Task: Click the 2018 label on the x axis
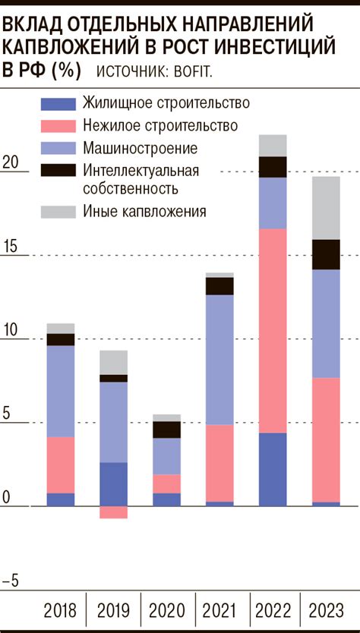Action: [60, 609]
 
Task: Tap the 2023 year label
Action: [326, 609]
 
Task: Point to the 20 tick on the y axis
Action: [11, 162]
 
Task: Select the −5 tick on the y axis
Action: [11, 581]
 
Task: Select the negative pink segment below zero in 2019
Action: [113, 512]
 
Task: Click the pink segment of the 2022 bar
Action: [273, 330]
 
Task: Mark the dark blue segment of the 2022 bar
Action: [273, 469]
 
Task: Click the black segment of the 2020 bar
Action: [166, 430]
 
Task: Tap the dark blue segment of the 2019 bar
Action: [113, 483]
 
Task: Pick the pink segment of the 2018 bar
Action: [60, 465]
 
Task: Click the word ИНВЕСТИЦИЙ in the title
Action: [276, 48]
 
